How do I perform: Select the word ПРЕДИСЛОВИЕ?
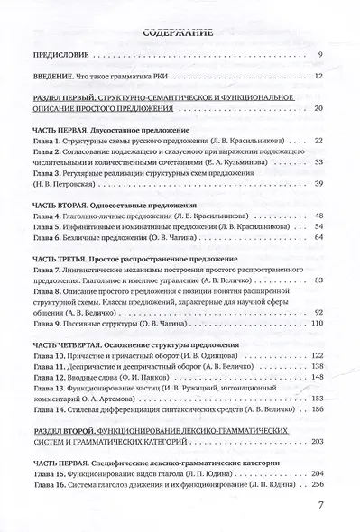(62, 57)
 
